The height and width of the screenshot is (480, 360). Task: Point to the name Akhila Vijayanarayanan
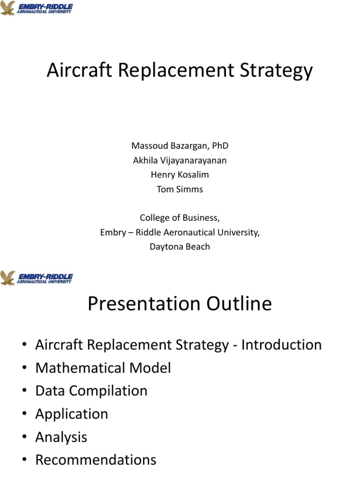pos(180,160)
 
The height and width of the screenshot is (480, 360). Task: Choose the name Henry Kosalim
pos(180,174)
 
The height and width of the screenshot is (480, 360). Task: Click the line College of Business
pos(180,218)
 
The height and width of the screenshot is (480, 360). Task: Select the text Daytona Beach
pos(180,247)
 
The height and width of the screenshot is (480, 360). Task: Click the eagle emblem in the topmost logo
pos(8,8)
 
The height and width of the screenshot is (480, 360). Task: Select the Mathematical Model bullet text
pos(103,368)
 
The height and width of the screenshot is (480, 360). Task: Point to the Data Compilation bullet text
pos(91,391)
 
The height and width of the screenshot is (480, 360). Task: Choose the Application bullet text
pos(72,414)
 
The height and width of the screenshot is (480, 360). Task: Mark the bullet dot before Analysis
pos(23,438)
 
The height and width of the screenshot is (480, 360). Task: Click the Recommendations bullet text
pos(96,460)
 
